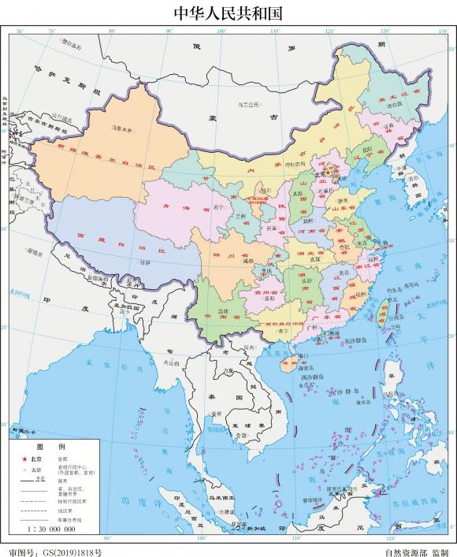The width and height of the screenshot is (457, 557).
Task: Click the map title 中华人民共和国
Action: (x=228, y=13)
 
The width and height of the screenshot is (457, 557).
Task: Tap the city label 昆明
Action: (x=223, y=311)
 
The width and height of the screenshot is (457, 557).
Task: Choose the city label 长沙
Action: (x=307, y=280)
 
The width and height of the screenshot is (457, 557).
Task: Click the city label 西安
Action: (x=273, y=228)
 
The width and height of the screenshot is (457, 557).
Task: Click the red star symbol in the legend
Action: (x=24, y=458)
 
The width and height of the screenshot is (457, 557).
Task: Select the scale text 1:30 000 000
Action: (x=50, y=530)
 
